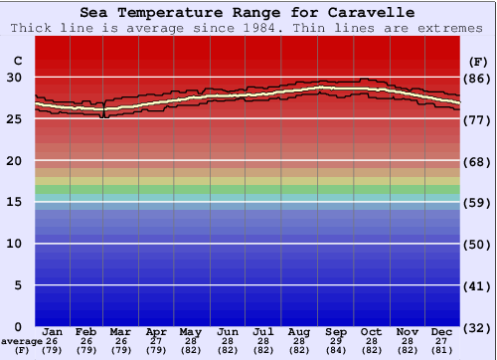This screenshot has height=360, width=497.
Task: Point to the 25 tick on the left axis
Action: (15, 119)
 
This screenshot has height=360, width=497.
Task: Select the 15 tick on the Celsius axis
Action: (15, 202)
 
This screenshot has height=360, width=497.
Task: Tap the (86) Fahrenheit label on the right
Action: (477, 78)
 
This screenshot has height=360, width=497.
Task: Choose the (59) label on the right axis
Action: (477, 203)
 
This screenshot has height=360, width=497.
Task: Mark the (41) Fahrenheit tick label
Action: (477, 286)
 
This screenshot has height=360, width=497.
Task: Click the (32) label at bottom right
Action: (477, 327)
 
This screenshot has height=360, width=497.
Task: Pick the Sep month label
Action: (335, 331)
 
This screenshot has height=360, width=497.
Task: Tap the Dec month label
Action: (442, 331)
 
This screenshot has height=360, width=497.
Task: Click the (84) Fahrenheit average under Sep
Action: (335, 350)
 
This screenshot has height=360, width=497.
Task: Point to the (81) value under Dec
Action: (442, 350)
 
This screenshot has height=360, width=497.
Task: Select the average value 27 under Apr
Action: (156, 341)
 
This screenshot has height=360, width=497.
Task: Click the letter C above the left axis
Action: (17, 61)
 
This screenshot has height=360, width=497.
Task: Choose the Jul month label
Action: (263, 331)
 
